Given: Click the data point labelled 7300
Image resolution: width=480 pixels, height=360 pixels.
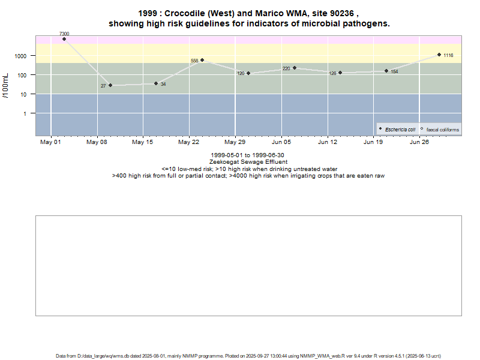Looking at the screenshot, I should pyautogui.click(x=64, y=39).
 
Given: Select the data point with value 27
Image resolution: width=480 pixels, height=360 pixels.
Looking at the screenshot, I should pyautogui.click(x=110, y=85).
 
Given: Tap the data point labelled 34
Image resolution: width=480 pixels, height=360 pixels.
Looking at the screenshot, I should pyautogui.click(x=156, y=83).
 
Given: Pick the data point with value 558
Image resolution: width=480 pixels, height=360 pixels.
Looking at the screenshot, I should pyautogui.click(x=202, y=60).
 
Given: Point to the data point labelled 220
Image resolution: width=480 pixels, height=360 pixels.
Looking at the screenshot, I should pyautogui.click(x=295, y=68).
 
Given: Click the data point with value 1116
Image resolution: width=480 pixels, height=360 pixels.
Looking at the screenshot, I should pyautogui.click(x=439, y=55).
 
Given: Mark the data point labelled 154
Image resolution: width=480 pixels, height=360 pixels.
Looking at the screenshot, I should pyautogui.click(x=386, y=71).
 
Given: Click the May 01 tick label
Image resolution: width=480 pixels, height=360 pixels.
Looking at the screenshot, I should pyautogui.click(x=51, y=143).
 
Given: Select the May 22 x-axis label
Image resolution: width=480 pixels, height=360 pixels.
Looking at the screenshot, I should pyautogui.click(x=189, y=143).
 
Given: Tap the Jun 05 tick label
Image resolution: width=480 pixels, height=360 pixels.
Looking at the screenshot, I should pyautogui.click(x=281, y=143).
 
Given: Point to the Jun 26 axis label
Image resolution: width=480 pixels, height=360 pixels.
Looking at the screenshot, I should pyautogui.click(x=419, y=143).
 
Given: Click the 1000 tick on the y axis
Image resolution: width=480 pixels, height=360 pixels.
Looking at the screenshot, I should pyautogui.click(x=21, y=56).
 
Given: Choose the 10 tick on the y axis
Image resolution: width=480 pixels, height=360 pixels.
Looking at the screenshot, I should pyautogui.click(x=24, y=94).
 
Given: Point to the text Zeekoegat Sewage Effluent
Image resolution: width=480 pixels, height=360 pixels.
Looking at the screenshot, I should pyautogui.click(x=248, y=162).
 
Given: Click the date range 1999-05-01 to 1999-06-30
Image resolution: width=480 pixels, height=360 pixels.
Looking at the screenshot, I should pyautogui.click(x=248, y=155).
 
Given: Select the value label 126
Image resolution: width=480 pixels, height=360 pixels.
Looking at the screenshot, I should pyautogui.click(x=332, y=73).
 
